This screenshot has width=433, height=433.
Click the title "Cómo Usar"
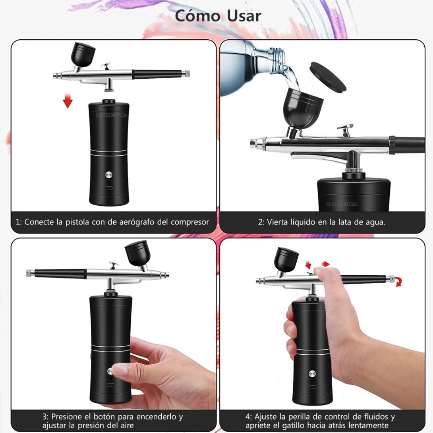(x=218, y=16)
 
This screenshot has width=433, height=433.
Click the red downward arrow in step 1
(x=67, y=101)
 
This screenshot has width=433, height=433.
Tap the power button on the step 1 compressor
(x=109, y=175)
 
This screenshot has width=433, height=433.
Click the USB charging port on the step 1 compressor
(x=109, y=188)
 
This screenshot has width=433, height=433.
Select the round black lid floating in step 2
(x=328, y=76)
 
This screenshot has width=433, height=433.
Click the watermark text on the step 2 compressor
(x=342, y=204)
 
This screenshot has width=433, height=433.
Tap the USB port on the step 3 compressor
(x=110, y=385)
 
